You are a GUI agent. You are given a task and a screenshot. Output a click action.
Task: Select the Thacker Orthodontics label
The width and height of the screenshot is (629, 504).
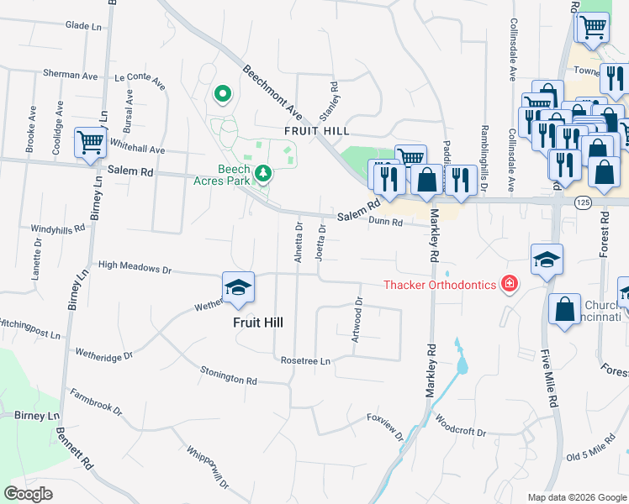440,286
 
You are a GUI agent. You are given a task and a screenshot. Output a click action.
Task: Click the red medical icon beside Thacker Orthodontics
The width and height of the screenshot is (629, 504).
508,285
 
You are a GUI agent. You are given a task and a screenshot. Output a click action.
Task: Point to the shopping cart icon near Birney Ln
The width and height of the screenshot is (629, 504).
90,141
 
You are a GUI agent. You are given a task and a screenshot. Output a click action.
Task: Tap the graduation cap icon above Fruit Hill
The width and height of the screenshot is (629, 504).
238,288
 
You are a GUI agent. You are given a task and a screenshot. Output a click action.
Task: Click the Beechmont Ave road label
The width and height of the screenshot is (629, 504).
272,92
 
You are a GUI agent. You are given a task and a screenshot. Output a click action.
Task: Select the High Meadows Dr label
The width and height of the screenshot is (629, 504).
135,270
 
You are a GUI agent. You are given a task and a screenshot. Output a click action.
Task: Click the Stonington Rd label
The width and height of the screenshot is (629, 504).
228,375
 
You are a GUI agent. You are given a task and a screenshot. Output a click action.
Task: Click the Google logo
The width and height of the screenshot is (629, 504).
29,494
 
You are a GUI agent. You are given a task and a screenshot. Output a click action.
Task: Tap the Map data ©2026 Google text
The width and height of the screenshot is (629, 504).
576,497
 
